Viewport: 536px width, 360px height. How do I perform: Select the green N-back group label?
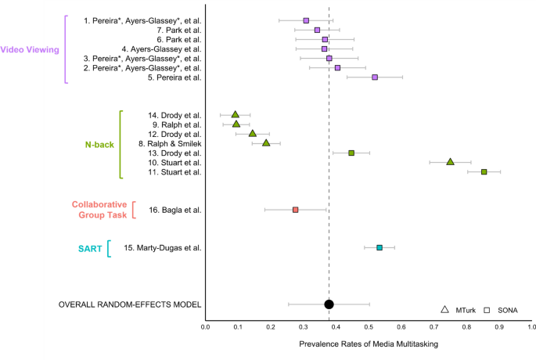[x=100, y=145]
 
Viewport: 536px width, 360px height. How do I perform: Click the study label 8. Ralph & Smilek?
[x=170, y=143]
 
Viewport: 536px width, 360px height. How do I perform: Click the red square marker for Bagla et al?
[x=295, y=210]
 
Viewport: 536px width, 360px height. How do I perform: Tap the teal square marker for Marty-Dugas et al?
[x=380, y=247]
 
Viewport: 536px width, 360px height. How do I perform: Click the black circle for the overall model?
[x=329, y=304]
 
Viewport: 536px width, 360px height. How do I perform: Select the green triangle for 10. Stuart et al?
[x=450, y=162]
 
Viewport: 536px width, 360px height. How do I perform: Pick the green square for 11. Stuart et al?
[x=484, y=171]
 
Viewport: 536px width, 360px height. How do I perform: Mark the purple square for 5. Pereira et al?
[x=375, y=77]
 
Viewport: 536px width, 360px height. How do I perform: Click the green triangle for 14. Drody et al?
[x=235, y=114]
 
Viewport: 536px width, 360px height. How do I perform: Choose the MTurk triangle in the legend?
[x=444, y=311]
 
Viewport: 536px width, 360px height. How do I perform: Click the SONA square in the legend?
[x=487, y=311]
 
